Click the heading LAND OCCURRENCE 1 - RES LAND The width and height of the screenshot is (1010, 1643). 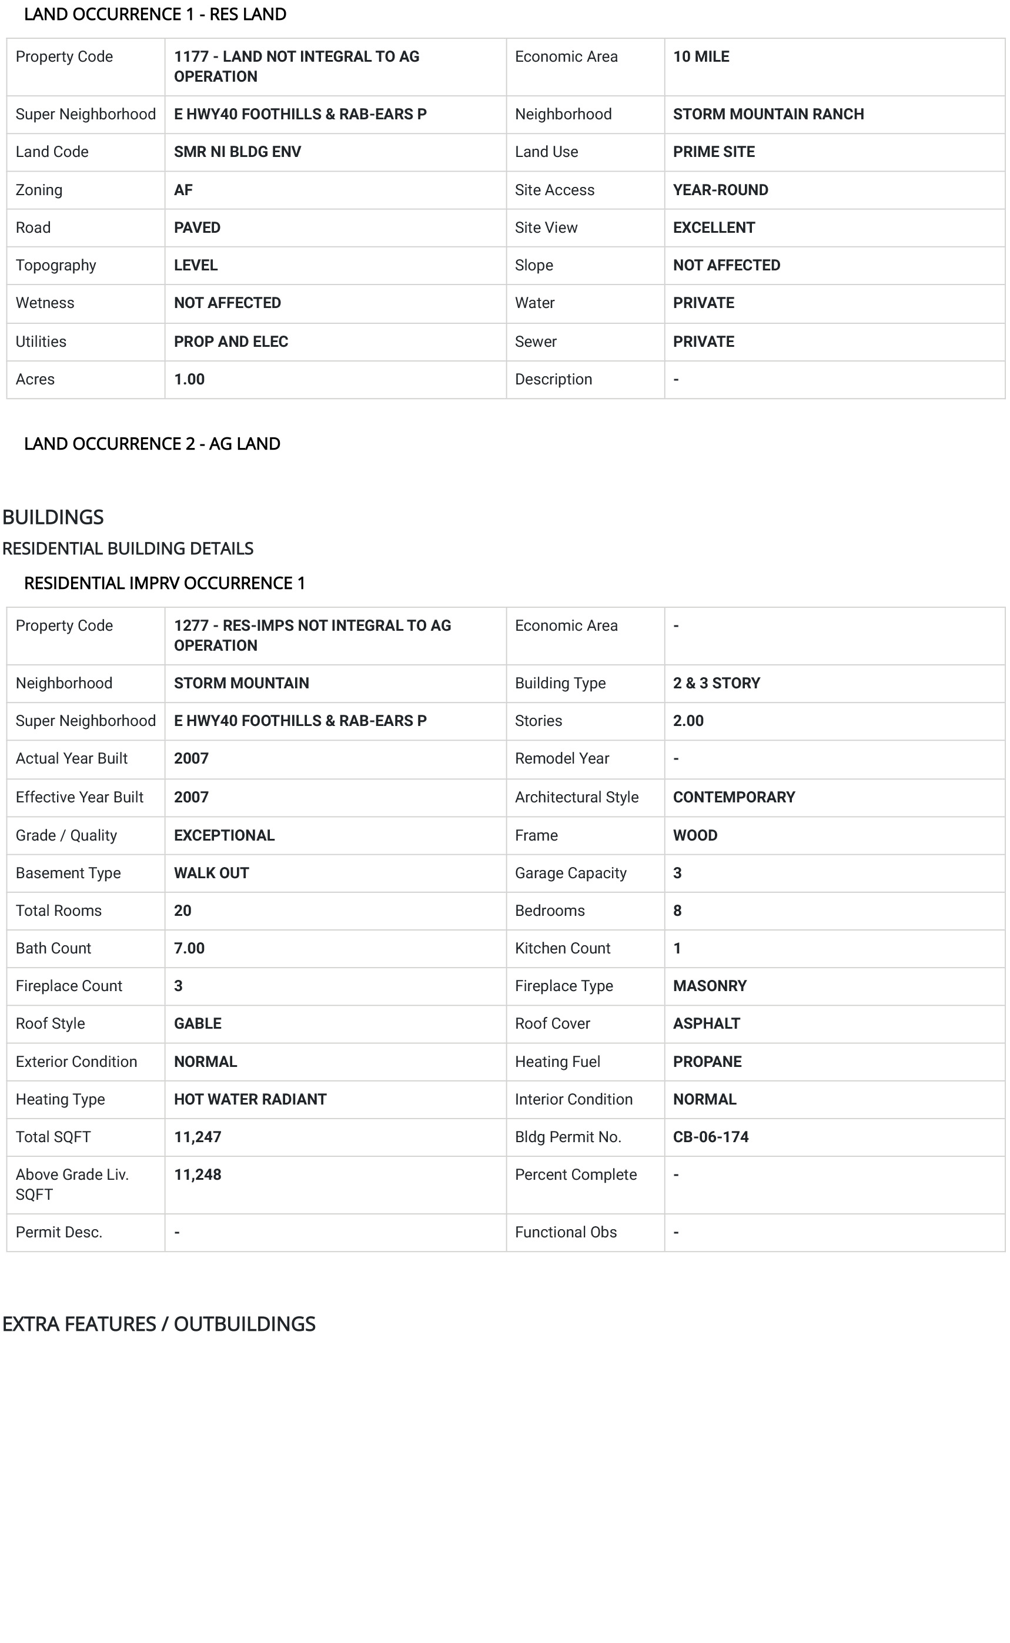(155, 14)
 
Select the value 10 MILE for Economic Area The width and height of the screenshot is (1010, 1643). (701, 57)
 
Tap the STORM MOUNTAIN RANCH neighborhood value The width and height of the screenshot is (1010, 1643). (768, 114)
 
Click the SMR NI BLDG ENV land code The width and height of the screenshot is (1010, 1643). (237, 152)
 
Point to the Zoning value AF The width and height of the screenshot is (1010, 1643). (183, 190)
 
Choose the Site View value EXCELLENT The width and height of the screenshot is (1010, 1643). (714, 227)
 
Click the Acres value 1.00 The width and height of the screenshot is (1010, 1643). (189, 379)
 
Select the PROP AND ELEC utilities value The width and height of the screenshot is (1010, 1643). (230, 342)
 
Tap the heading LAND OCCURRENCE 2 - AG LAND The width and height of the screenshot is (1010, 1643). (152, 443)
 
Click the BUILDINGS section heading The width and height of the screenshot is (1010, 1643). (53, 517)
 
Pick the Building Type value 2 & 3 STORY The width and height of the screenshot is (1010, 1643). (716, 683)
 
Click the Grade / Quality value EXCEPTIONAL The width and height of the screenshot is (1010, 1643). (224, 835)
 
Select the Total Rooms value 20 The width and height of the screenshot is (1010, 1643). (182, 911)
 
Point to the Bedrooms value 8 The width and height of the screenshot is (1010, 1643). (677, 911)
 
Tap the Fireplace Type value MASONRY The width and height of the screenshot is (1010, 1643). (710, 986)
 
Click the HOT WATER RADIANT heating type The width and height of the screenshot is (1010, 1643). (250, 1099)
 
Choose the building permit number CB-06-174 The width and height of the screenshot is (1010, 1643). (710, 1137)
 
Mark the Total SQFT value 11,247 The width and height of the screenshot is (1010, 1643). (197, 1137)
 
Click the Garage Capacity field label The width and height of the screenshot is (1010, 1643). (570, 873)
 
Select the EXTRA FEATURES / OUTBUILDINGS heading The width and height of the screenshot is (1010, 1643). (158, 1324)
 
